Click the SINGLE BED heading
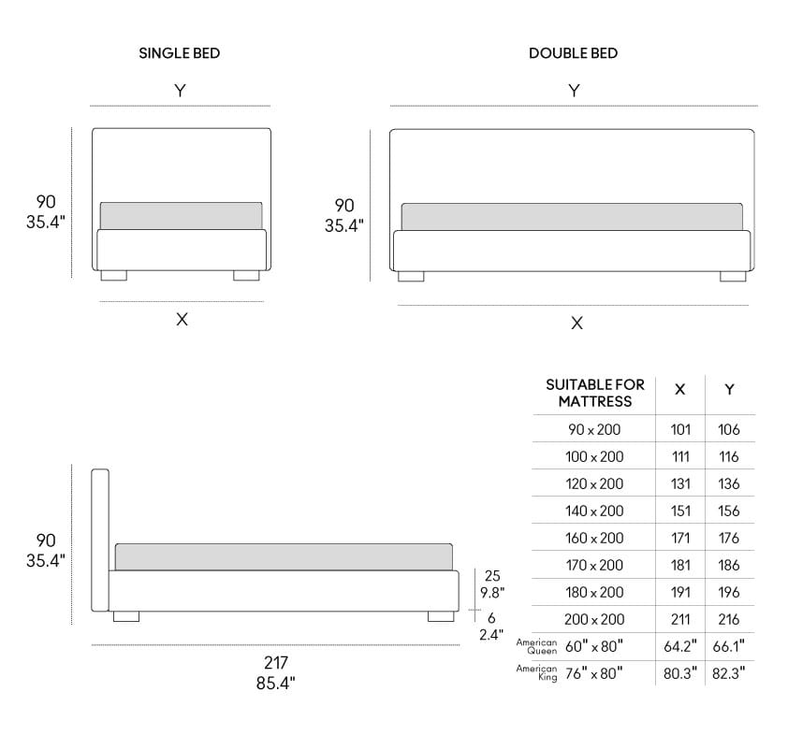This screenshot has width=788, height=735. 180,53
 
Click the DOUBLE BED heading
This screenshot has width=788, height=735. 573,53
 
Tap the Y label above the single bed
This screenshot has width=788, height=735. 180,90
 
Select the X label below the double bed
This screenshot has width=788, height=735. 576,323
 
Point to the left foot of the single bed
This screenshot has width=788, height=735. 113,276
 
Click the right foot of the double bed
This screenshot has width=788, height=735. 733,276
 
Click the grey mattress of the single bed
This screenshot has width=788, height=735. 181,215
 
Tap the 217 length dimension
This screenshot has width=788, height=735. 275,663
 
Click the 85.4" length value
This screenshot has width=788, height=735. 275,684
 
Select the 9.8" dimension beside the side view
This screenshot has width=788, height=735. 493,592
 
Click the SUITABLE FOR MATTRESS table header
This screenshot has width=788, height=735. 595,393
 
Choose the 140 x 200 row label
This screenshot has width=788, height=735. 594,511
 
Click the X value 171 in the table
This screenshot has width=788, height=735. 680,538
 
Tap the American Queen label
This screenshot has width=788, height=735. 537,646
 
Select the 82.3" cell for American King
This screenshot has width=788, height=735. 729,673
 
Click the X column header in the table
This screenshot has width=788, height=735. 680,389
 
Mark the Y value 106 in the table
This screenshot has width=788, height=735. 729,429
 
